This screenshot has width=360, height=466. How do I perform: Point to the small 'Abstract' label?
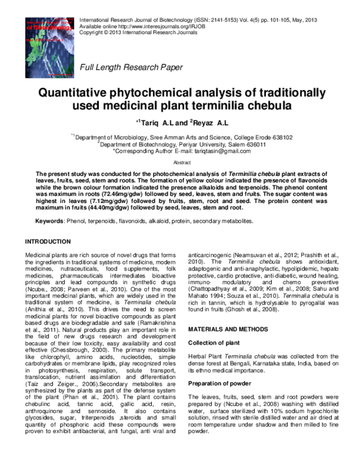point(181,163)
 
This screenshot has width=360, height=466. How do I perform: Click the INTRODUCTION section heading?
point(47,241)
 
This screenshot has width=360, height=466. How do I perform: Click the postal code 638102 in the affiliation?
point(280,138)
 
